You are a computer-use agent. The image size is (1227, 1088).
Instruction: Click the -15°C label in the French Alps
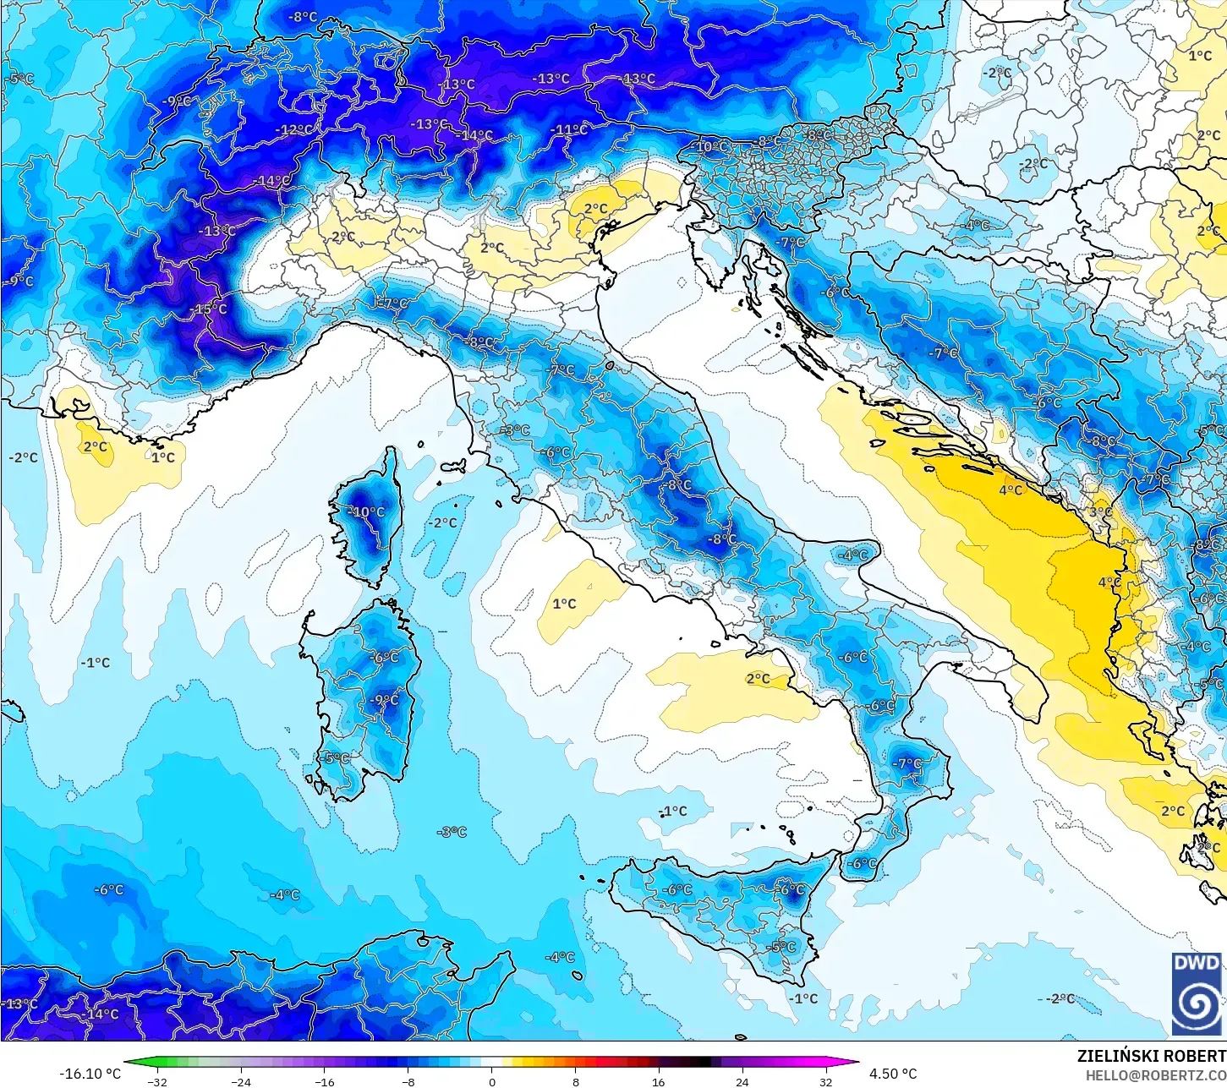pyautogui.click(x=211, y=309)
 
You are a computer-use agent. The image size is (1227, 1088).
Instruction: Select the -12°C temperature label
pyautogui.click(x=295, y=129)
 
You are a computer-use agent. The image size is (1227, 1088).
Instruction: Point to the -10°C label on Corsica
pyautogui.click(x=368, y=512)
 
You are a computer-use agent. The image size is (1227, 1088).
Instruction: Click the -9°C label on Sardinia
pyautogui.click(x=384, y=700)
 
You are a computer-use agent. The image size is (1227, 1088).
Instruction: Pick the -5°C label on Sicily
pyautogui.click(x=783, y=948)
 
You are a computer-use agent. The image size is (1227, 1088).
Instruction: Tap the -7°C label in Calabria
pyautogui.click(x=908, y=763)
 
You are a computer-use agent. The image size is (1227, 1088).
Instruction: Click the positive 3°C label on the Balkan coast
pyautogui.click(x=1100, y=513)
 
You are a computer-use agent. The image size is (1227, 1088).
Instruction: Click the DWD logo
pyautogui.click(x=1197, y=994)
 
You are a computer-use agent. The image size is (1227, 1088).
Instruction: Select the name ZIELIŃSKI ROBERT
pyautogui.click(x=1151, y=1056)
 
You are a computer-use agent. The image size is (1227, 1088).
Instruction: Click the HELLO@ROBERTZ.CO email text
pyautogui.click(x=1156, y=1074)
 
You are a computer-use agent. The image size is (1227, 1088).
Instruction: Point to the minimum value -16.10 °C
pyautogui.click(x=90, y=1074)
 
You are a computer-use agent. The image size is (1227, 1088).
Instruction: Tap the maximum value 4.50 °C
pyautogui.click(x=893, y=1074)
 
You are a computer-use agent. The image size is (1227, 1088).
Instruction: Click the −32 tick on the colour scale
pyautogui.click(x=157, y=1082)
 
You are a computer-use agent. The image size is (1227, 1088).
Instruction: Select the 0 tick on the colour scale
pyautogui.click(x=492, y=1082)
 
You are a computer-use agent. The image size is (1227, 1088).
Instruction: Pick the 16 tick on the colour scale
pyautogui.click(x=659, y=1082)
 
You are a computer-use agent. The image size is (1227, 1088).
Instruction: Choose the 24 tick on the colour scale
pyautogui.click(x=742, y=1082)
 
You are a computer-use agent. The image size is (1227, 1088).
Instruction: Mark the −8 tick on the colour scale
pyautogui.click(x=408, y=1082)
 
